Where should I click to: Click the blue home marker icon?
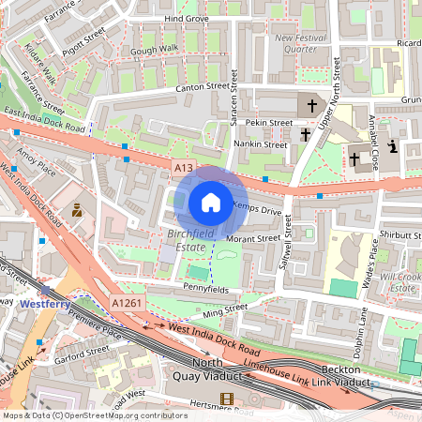pos(211,203)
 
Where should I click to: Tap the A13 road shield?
pos(183,167)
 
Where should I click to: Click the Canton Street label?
pos(203,86)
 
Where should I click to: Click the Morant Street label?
pos(255,238)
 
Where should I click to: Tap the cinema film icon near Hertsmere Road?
pos(225,399)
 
